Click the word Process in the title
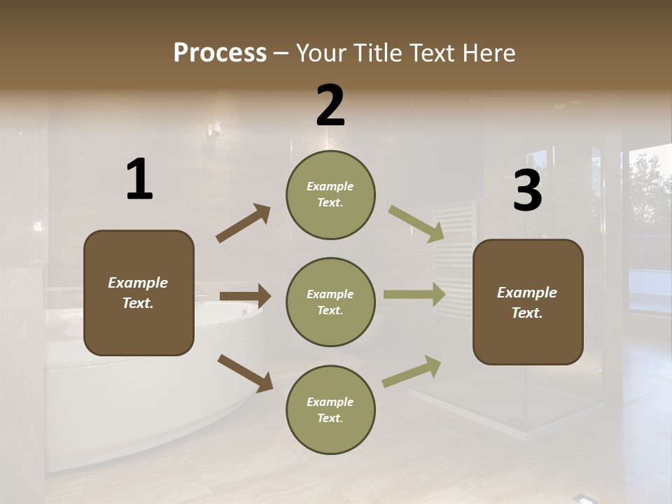coord(220,52)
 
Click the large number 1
coord(139,180)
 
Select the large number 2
coord(330,106)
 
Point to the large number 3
coord(527,191)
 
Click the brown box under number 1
coord(139,293)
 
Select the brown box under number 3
coord(528,302)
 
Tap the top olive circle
coord(330,195)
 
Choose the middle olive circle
coord(330,302)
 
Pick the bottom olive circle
coord(330,410)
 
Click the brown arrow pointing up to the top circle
coord(244,223)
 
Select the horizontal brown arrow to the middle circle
coord(245,296)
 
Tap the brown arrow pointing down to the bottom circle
coord(245,373)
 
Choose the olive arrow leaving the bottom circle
coord(412,371)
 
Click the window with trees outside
coord(650,210)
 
